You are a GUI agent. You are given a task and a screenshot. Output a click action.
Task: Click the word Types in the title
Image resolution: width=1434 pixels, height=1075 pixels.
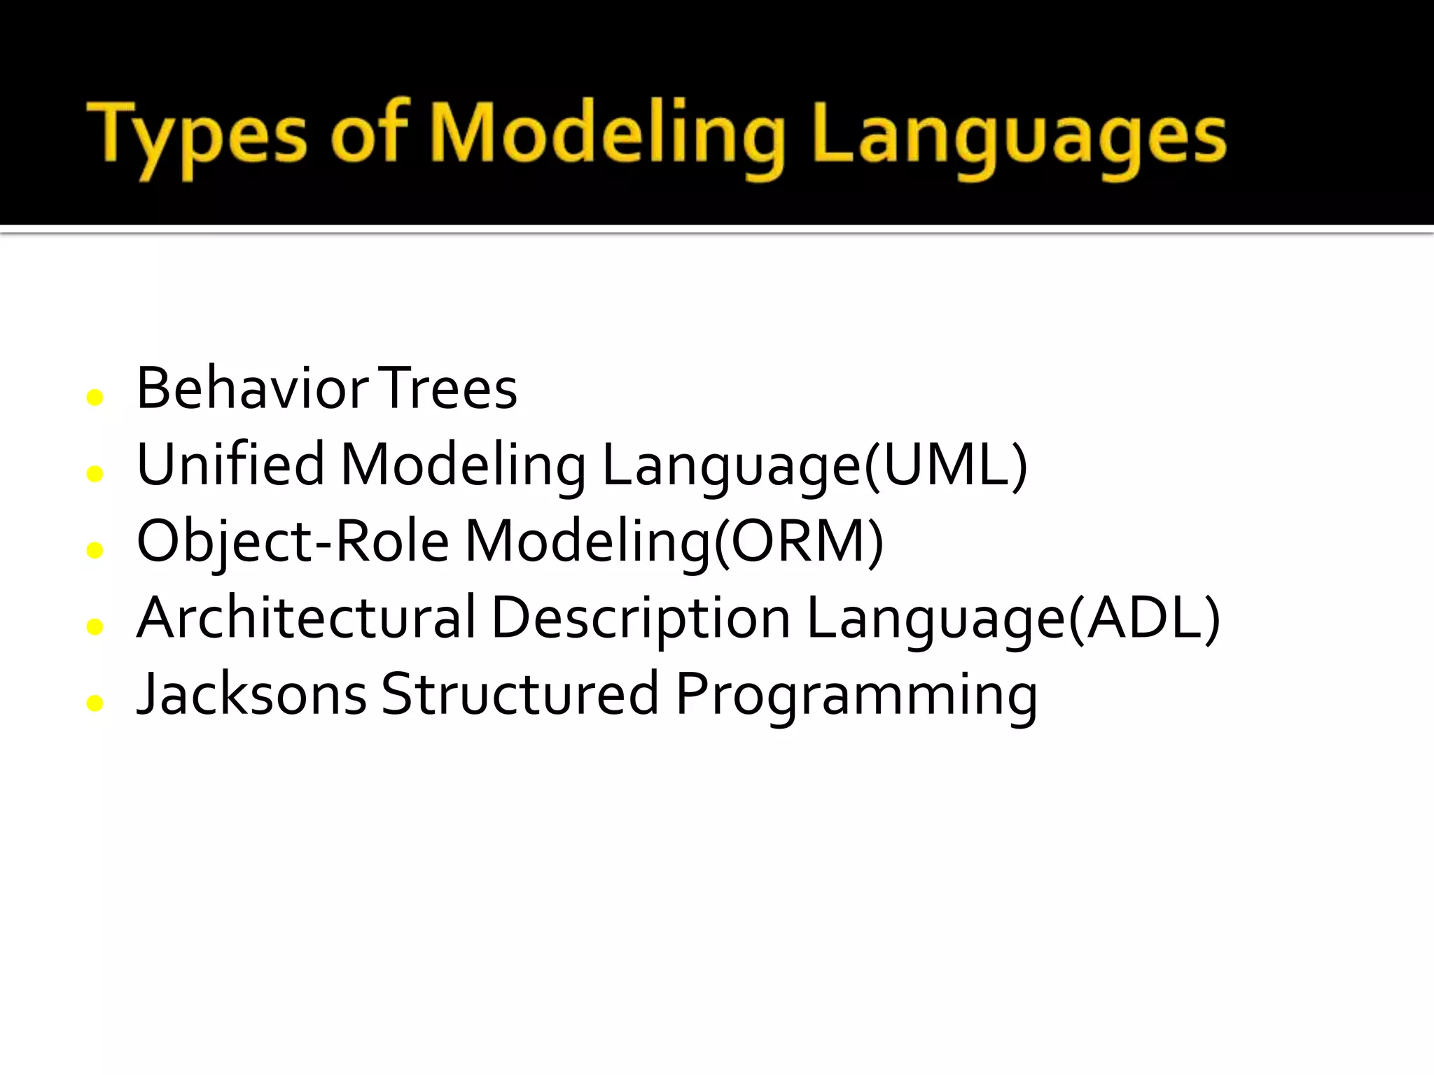(197, 136)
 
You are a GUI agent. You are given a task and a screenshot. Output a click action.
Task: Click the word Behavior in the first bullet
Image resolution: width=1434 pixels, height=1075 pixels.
(252, 388)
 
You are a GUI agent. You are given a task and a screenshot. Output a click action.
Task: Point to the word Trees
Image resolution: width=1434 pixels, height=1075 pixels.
(449, 388)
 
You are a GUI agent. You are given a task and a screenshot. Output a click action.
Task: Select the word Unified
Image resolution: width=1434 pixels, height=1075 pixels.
(230, 465)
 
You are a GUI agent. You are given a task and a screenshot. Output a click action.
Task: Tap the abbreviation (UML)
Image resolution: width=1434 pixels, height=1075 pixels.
(946, 465)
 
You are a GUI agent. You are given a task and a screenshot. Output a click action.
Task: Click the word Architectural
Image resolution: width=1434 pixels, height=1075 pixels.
(306, 617)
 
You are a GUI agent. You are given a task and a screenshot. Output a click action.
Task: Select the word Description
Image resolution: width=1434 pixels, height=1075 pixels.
(641, 619)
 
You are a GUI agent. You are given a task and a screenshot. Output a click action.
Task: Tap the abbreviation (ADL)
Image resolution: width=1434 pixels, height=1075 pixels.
(1144, 617)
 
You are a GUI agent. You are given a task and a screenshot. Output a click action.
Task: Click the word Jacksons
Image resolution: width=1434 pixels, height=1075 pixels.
(252, 694)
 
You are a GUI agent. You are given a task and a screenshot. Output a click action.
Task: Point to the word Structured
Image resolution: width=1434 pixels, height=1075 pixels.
(520, 694)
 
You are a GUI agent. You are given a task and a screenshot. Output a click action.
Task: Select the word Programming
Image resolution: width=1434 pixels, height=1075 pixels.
(856, 696)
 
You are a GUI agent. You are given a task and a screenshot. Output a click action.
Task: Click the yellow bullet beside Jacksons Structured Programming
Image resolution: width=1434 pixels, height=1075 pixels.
(95, 703)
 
